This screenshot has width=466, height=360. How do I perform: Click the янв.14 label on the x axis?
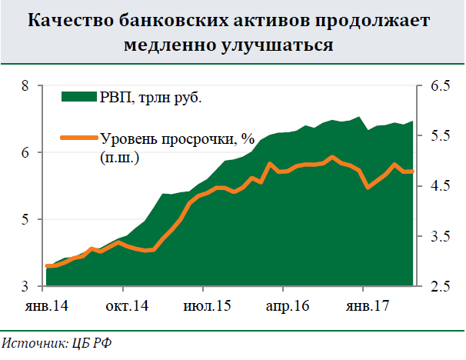(47, 307)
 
